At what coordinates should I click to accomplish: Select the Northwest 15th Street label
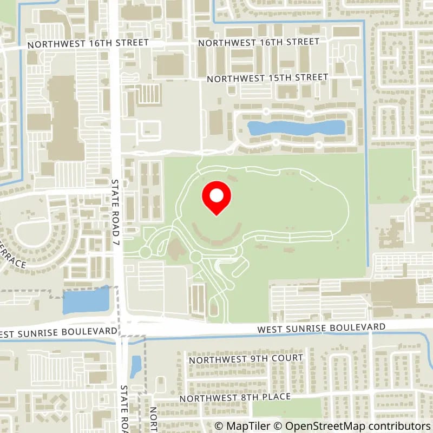point(267,78)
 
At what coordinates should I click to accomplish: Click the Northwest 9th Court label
point(245,358)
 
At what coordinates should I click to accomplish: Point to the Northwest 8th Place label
point(235,397)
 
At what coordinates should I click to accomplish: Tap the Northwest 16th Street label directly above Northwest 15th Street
point(258,42)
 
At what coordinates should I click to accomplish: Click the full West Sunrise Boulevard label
point(322,328)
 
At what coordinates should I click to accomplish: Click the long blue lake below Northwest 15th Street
point(296,128)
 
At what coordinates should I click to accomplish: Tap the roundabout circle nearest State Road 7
point(145,252)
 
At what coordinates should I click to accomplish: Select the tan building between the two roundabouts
point(174,251)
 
